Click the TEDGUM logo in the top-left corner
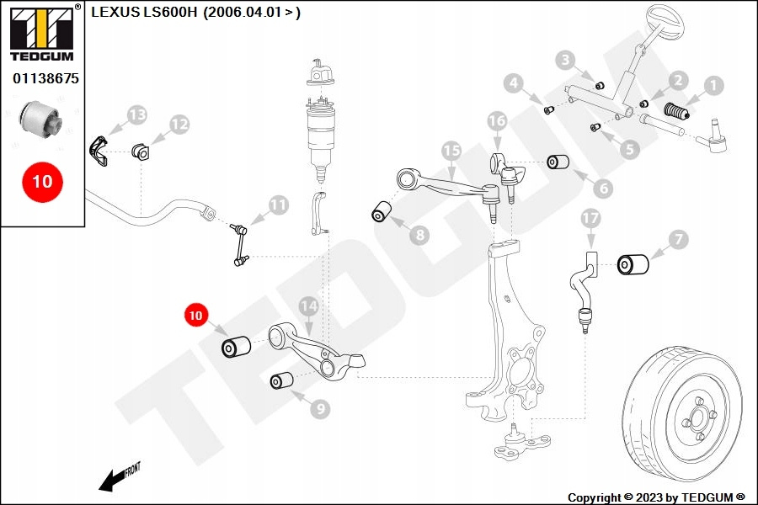click(42, 33)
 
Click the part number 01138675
click(45, 78)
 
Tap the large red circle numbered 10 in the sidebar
click(42, 182)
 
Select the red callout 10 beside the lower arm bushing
click(195, 315)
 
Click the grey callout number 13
click(136, 115)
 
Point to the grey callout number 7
click(679, 239)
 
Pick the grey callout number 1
click(713, 86)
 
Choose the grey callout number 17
click(590, 219)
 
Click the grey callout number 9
click(320, 409)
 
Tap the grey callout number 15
click(451, 151)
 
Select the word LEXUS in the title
click(115, 12)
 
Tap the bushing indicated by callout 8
click(382, 211)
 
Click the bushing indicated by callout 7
click(633, 263)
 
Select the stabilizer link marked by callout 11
click(240, 245)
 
